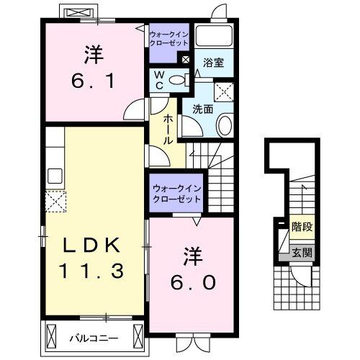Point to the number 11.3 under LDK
tap(91, 271)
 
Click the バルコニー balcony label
tap(94, 336)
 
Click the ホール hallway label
tap(168, 130)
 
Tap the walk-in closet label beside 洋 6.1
tap(170, 37)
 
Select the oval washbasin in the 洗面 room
tap(225, 126)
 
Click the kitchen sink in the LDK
tap(55, 175)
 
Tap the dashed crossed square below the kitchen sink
tap(55, 202)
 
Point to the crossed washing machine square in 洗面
tap(225, 91)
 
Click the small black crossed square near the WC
tap(186, 60)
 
